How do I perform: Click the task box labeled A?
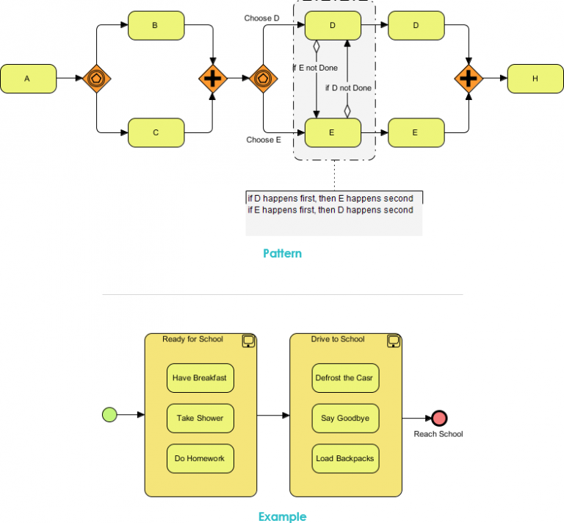tap(28, 78)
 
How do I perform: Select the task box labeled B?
tap(156, 26)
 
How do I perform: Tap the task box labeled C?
tap(156, 132)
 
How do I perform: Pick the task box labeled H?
tap(535, 78)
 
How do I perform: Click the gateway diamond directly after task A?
tap(97, 78)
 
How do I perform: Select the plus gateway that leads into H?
tap(468, 78)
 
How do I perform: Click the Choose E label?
tap(264, 139)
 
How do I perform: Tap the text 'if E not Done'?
tap(315, 68)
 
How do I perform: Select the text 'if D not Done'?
tap(348, 88)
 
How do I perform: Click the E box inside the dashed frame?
tap(332, 132)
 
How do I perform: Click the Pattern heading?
tap(282, 254)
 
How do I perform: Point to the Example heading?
tap(282, 516)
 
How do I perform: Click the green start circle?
tap(109, 415)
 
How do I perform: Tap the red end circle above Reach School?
tap(439, 419)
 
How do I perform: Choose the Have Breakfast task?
tap(200, 378)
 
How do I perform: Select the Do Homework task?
tap(200, 458)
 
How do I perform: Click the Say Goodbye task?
tap(345, 419)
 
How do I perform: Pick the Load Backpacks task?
tap(345, 458)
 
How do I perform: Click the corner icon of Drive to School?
tap(393, 341)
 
